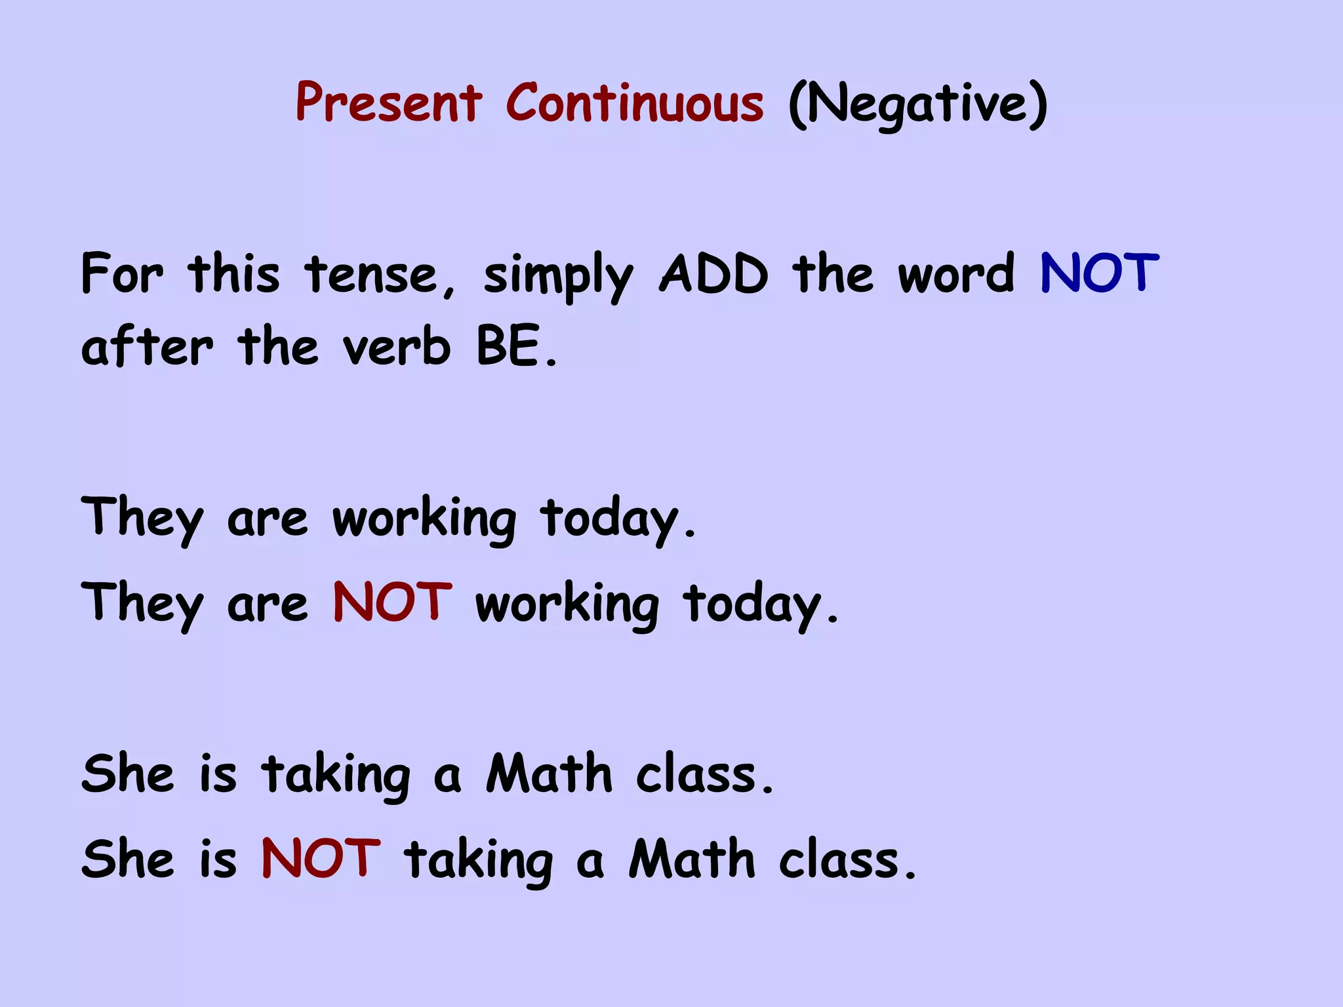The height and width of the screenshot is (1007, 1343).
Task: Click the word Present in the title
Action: click(x=389, y=103)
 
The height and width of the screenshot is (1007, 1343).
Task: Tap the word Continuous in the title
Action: click(x=635, y=103)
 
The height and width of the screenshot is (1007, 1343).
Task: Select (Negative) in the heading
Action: click(x=917, y=105)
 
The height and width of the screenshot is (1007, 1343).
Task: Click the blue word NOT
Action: click(x=1100, y=273)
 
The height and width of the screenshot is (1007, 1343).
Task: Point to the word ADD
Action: click(x=713, y=274)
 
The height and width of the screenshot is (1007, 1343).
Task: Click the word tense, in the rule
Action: click(x=380, y=275)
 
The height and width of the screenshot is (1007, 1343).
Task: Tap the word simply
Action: click(x=558, y=278)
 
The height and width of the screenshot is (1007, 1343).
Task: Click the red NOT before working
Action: click(x=392, y=602)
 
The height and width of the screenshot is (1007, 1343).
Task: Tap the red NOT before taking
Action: click(x=321, y=858)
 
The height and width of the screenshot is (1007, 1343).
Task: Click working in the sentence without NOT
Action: click(x=424, y=520)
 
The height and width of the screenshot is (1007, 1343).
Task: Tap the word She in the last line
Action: click(x=129, y=859)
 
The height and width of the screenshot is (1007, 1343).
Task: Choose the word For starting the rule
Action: click(x=121, y=274)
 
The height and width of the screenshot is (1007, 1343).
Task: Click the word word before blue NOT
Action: click(x=956, y=274)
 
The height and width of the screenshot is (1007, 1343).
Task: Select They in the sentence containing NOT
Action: click(x=142, y=605)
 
